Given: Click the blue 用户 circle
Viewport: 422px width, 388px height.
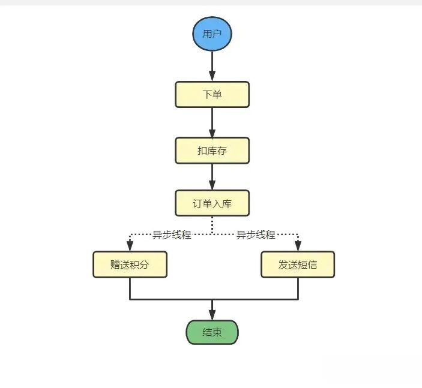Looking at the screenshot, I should pyautogui.click(x=212, y=33).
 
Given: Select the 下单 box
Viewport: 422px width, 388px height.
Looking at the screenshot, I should pyautogui.click(x=212, y=95).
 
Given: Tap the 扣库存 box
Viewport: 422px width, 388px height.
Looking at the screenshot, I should pyautogui.click(x=212, y=151).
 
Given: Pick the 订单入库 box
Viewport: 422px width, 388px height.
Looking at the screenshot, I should pyautogui.click(x=212, y=203).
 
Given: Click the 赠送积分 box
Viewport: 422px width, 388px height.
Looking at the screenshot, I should pyautogui.click(x=130, y=264).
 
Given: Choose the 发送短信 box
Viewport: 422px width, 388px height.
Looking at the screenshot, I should pyautogui.click(x=298, y=264).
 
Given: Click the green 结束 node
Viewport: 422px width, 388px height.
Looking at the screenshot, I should pyautogui.click(x=212, y=332).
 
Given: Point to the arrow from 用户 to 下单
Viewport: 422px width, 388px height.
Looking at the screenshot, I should pyautogui.click(x=212, y=66).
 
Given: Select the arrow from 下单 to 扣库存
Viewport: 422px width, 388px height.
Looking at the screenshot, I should pyautogui.click(x=212, y=122).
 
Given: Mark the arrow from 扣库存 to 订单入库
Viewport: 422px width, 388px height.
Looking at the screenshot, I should pyautogui.click(x=212, y=177).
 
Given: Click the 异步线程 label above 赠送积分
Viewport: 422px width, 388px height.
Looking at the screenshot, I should pyautogui.click(x=171, y=234).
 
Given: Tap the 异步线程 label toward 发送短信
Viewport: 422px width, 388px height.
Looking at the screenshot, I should pyautogui.click(x=255, y=234).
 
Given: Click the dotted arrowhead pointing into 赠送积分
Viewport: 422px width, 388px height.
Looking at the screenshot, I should pyautogui.click(x=130, y=246).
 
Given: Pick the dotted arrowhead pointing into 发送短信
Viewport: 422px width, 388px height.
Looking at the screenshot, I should pyautogui.click(x=298, y=246).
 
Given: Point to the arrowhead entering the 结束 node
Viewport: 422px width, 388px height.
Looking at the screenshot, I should pyautogui.click(x=212, y=315).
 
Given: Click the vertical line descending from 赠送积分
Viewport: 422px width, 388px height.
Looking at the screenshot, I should pyautogui.click(x=130, y=288).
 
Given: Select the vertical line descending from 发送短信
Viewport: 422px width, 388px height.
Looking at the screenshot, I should pyautogui.click(x=298, y=288).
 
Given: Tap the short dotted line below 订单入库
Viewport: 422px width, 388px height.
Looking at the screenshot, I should pyautogui.click(x=212, y=225).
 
